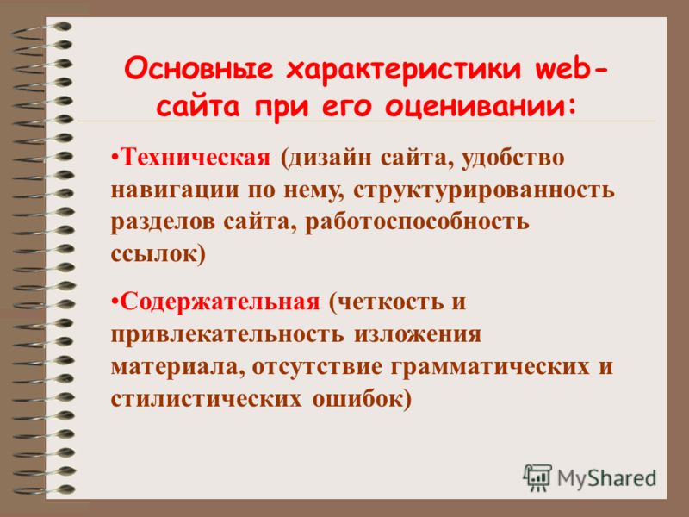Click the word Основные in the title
[x=198, y=69]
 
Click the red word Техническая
[x=196, y=158]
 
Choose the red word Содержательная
[x=220, y=302]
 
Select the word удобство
[x=512, y=159]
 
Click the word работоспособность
[x=417, y=222]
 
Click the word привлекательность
[x=227, y=335]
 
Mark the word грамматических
[x=490, y=368]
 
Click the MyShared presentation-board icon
[x=537, y=477]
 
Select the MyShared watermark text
[x=607, y=478]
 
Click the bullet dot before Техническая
[x=115, y=157]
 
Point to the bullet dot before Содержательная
[x=115, y=302]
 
